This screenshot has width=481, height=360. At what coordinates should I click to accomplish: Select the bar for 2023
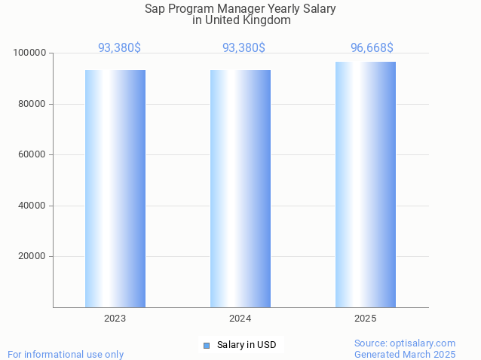coord(115,188)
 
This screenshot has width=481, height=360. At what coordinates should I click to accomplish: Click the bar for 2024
coord(240,188)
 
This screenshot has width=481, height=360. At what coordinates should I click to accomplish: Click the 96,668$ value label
coord(372,48)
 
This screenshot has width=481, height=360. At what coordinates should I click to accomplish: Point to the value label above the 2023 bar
coord(119,48)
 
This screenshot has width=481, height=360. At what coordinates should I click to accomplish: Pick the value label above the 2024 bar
coord(244,48)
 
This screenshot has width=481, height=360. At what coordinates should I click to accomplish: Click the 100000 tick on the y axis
coord(29,53)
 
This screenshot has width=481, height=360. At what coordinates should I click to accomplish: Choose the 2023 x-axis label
coord(115,319)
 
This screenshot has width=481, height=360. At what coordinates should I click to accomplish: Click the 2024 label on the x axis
coord(240,319)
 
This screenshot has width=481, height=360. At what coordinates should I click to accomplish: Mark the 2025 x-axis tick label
coord(366,319)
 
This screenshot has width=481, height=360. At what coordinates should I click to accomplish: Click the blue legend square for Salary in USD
coord(207,346)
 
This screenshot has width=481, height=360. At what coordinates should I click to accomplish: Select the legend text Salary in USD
coord(247,346)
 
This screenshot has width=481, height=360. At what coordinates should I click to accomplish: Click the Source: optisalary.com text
coord(405,343)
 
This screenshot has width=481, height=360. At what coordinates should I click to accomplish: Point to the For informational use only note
coord(66,354)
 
